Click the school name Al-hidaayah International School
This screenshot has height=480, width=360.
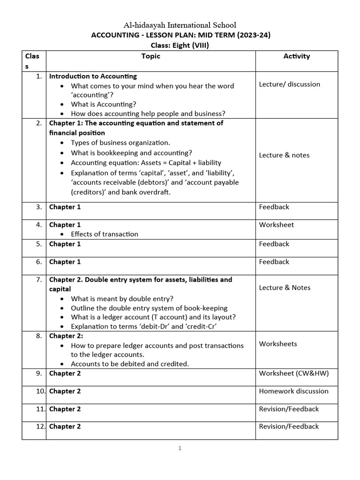click(180, 25)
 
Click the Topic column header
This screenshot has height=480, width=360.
click(150, 56)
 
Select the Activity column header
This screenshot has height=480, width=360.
click(296, 56)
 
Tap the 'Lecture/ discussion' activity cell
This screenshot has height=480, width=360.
click(289, 84)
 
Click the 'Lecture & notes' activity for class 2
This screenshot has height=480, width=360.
click(284, 155)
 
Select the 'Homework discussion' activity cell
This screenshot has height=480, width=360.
click(293, 391)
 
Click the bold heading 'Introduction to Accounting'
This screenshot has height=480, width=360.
click(93, 76)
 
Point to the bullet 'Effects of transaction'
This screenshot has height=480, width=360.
click(104, 234)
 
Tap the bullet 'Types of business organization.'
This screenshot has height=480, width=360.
click(120, 142)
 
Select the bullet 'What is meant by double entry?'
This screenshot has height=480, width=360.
click(122, 299)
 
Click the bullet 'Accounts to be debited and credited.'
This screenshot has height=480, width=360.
click(130, 364)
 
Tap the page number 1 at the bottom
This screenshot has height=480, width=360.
click(180, 448)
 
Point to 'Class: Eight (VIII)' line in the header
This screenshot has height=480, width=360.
click(180, 45)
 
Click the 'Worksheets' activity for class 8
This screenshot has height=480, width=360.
click(278, 344)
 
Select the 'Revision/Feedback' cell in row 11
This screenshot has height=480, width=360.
click(288, 409)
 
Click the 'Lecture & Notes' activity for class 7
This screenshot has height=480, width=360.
click(285, 288)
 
